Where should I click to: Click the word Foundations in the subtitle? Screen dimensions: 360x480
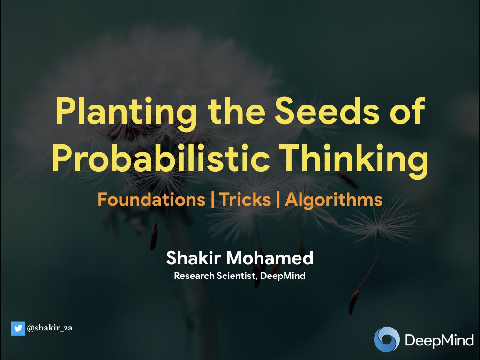pyautogui.click(x=151, y=200)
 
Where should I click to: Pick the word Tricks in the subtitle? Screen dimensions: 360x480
pyautogui.click(x=245, y=200)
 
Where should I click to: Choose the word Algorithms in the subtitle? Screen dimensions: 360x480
pyautogui.click(x=333, y=200)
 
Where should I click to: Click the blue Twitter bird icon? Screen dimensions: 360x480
pyautogui.click(x=18, y=329)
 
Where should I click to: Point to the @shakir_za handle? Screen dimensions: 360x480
pyautogui.click(x=50, y=329)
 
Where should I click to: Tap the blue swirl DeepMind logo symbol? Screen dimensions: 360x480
pyautogui.click(x=387, y=339)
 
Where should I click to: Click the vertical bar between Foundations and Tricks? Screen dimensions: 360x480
pyautogui.click(x=213, y=200)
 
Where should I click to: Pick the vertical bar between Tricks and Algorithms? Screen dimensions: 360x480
pyautogui.click(x=278, y=200)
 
